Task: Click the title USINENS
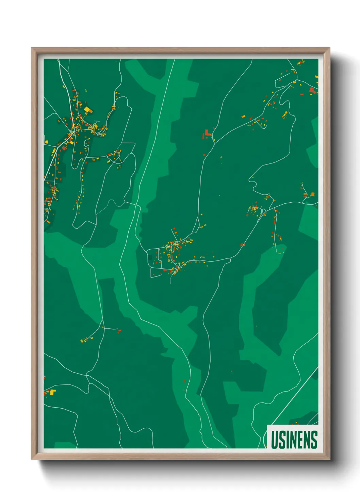tap(294, 440)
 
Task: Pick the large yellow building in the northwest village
tap(87, 109)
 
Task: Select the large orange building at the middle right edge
tap(312, 194)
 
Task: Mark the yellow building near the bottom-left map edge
tap(52, 392)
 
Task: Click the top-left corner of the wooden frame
tap(32, 48)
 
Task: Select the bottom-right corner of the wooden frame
tap(329, 459)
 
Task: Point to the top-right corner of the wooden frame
tap(329, 48)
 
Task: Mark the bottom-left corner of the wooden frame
tap(32, 459)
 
